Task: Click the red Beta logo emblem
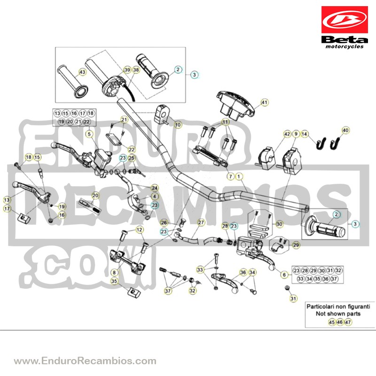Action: pyautogui.click(x=345, y=20)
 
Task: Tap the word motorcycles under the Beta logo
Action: pyautogui.click(x=345, y=47)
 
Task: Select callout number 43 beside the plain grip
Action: pyautogui.click(x=82, y=72)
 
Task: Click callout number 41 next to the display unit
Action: pyautogui.click(x=264, y=102)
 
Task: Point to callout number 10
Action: pyautogui.click(x=178, y=125)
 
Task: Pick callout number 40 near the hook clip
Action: pyautogui.click(x=345, y=131)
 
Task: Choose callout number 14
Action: pyautogui.click(x=304, y=134)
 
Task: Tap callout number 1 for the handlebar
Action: pyautogui.click(x=239, y=177)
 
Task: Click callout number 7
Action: pyautogui.click(x=230, y=177)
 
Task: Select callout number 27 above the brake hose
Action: pyautogui.click(x=201, y=222)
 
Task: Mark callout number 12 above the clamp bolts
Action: pyautogui.click(x=139, y=230)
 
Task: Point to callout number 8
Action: pyautogui.click(x=114, y=273)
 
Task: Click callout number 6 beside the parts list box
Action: pyautogui.click(x=284, y=274)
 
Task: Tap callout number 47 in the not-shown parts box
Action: pyautogui.click(x=348, y=322)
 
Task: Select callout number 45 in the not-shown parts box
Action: pyautogui.click(x=332, y=322)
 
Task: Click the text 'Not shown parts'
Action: pyautogui.click(x=338, y=313)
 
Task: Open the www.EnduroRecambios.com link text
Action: pyautogui.click(x=85, y=360)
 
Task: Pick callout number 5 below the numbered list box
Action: pyautogui.click(x=89, y=134)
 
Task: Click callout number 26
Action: pyautogui.click(x=164, y=223)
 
